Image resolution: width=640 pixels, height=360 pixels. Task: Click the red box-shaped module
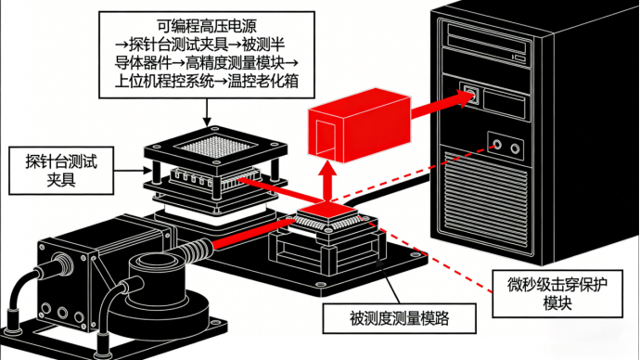pyautogui.click(x=359, y=125)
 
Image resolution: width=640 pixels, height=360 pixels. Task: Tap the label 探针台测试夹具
pyautogui.click(x=61, y=170)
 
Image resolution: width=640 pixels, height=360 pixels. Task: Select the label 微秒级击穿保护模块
pyautogui.click(x=557, y=293)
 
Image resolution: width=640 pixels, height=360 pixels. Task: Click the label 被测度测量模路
pyautogui.click(x=399, y=318)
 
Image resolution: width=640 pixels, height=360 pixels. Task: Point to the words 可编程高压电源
pyautogui.click(x=207, y=26)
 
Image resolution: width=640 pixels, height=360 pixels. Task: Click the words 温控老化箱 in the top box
pyautogui.click(x=262, y=81)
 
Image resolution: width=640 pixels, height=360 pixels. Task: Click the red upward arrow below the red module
pyautogui.click(x=327, y=181)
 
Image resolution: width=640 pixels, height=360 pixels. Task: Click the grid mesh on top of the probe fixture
pyautogui.click(x=215, y=146)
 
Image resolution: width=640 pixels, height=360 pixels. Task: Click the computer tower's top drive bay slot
pyautogui.click(x=488, y=33)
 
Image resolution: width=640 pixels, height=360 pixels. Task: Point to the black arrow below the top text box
pyautogui.click(x=207, y=112)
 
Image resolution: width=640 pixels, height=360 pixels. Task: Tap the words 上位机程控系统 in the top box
pyautogui.click(x=164, y=81)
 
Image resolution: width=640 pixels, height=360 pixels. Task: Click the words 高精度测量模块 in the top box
pyautogui.click(x=235, y=62)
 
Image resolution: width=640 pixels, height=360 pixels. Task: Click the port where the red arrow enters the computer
pyautogui.click(x=471, y=95)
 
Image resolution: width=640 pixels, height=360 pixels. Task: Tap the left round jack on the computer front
pyautogui.click(x=497, y=144)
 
